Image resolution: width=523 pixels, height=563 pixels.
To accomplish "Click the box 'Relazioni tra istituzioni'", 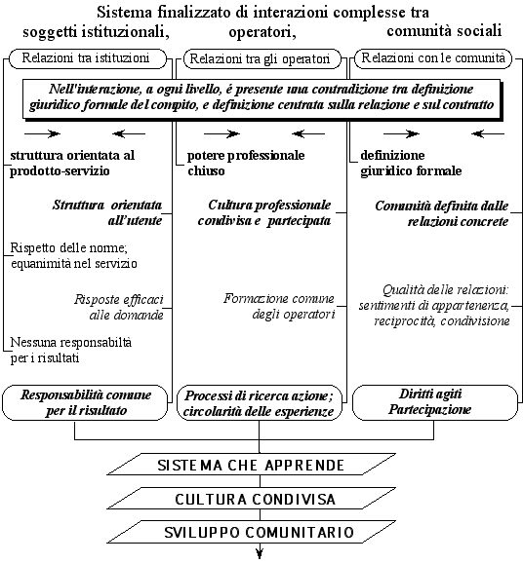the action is point(88,58).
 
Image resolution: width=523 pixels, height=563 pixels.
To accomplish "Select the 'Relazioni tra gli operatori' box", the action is point(261,58).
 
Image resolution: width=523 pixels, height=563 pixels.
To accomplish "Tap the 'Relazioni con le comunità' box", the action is point(433,58).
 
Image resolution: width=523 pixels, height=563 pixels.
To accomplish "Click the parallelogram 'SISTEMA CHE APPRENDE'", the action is point(252,465).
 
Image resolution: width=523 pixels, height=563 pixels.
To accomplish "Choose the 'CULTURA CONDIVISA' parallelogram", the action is point(252,499).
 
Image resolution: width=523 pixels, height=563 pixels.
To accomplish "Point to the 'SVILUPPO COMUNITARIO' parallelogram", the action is point(252,532).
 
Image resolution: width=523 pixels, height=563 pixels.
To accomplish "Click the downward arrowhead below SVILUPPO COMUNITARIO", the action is point(260,552).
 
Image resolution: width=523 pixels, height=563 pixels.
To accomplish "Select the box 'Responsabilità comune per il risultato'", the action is point(85,403).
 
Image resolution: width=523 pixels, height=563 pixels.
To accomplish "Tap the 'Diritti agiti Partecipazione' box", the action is point(435,402).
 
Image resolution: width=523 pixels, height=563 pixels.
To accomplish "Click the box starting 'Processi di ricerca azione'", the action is point(260,403).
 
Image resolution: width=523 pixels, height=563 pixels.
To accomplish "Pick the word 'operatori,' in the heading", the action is point(262,33).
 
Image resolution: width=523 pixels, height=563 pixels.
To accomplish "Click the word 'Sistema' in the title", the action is point(124,13).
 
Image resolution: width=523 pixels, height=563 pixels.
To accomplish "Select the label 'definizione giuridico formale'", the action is point(411,163).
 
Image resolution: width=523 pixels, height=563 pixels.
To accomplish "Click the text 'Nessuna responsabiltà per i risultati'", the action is point(71,350).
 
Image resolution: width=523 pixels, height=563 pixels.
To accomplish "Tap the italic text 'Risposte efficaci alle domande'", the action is point(119,307).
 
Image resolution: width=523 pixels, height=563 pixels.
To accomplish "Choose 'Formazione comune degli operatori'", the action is point(279,306).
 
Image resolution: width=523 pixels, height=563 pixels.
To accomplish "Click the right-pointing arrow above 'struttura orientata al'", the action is point(42,133).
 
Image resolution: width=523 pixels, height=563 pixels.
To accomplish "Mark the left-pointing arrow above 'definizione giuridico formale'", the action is point(488,133).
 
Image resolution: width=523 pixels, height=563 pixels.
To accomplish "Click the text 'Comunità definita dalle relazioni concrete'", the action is point(442,213).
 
